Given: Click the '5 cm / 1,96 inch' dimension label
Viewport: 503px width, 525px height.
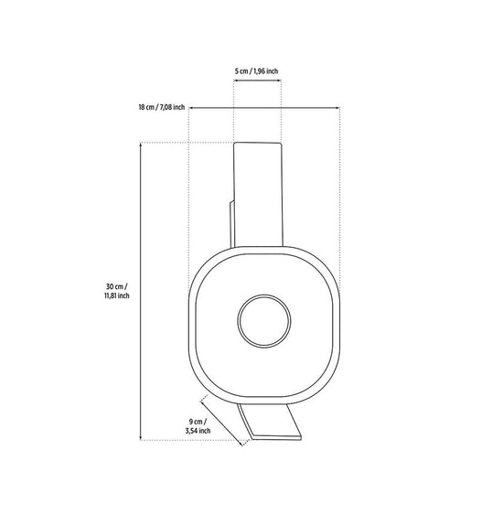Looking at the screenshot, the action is (256, 71).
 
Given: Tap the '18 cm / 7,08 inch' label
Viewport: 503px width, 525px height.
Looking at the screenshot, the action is (162, 107).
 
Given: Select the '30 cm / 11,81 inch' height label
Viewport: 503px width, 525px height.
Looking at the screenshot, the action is (116, 291).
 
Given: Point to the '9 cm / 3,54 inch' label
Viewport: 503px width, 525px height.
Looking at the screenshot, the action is (198, 426).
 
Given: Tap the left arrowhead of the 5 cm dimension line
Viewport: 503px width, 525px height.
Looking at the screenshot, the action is (235, 80).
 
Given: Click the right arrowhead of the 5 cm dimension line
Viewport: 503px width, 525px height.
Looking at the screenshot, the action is (279, 80).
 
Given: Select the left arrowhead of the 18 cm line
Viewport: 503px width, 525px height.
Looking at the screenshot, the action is (191, 108).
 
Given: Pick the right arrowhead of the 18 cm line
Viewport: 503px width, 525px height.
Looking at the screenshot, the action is (337, 108).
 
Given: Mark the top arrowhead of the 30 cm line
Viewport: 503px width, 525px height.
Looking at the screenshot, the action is (141, 145).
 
